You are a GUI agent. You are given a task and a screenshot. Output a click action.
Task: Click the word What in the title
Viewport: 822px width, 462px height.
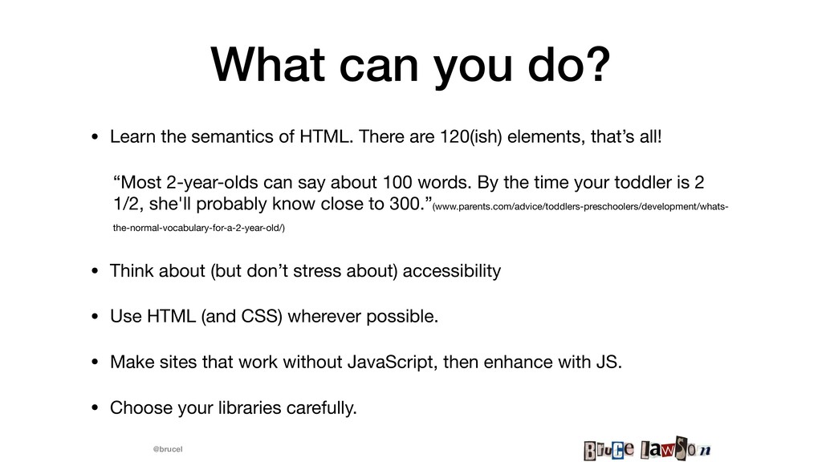[x=268, y=64]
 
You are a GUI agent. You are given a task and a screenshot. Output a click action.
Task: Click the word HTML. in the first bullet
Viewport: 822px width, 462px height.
[x=326, y=136]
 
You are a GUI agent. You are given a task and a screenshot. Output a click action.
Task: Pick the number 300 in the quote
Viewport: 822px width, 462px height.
[x=405, y=204]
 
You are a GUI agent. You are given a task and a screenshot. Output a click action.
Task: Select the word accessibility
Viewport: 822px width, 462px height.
[x=452, y=271]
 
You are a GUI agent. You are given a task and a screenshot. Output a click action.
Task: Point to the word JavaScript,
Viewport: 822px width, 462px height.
[x=393, y=363]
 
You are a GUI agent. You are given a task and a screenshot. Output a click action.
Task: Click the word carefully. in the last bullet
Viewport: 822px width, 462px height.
[x=321, y=408]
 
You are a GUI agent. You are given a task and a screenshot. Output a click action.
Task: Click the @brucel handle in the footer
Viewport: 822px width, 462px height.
[x=168, y=449]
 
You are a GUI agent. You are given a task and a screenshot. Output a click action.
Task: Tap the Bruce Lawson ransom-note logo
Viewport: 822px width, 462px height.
[x=648, y=448]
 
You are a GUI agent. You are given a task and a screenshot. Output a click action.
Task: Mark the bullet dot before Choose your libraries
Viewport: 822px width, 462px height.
[x=95, y=407]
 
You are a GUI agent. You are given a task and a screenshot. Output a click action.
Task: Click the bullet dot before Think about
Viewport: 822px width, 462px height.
[x=95, y=271]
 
